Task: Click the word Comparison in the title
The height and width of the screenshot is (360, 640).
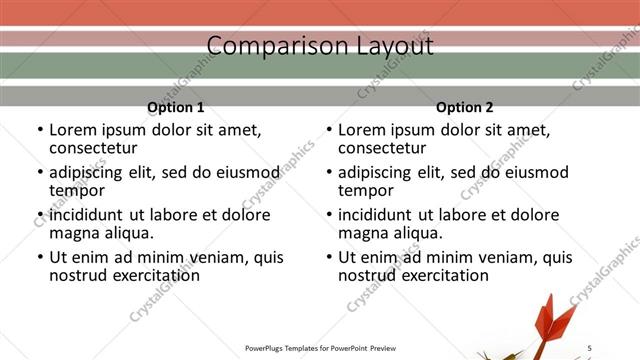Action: point(264,46)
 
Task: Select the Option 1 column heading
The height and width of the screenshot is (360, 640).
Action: point(176,107)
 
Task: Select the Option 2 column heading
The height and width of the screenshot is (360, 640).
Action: point(464,107)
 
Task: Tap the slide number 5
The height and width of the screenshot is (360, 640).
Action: point(589,347)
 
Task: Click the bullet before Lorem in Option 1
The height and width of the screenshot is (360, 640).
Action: point(39,130)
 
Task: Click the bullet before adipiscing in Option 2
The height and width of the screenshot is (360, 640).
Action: point(328,173)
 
